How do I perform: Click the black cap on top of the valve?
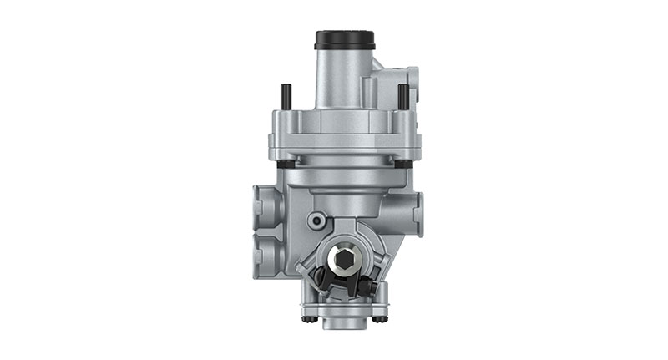coord(344,40)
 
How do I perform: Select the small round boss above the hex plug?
coord(316,220)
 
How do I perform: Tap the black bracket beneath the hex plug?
coord(338,286)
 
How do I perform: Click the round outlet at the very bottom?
coord(343,319)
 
